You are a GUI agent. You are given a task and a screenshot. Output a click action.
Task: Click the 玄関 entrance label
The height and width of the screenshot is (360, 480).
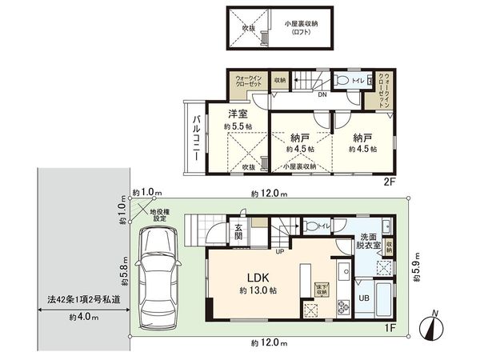[x=239, y=231]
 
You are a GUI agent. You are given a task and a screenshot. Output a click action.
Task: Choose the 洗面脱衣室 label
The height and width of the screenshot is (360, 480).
[x=368, y=242]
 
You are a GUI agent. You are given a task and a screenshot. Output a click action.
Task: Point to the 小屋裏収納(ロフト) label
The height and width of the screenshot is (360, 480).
[x=302, y=28]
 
